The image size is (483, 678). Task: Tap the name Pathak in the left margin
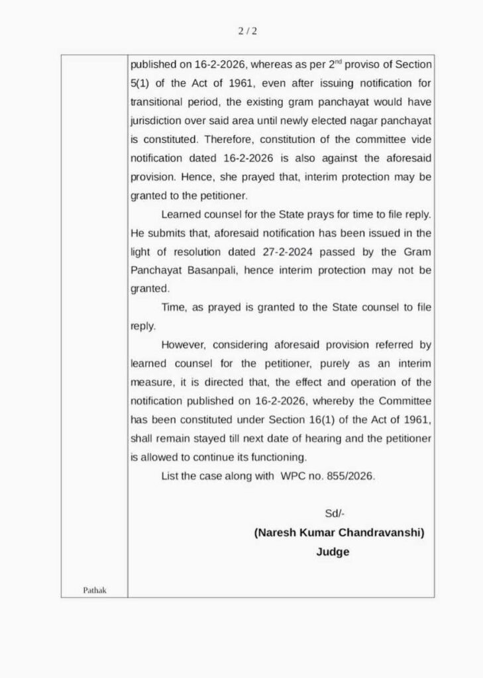coord(95,590)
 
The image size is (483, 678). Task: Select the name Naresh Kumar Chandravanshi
coord(339,532)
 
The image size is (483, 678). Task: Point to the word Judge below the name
coord(333,552)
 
